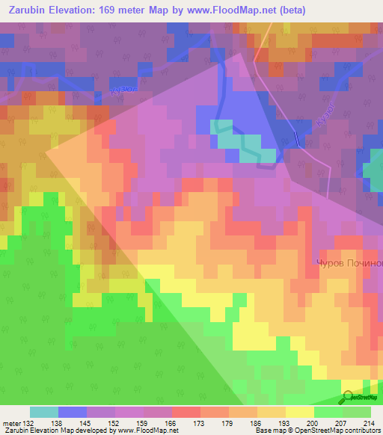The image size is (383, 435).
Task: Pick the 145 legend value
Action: click(85, 423)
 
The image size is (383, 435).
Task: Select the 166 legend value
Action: click(171, 423)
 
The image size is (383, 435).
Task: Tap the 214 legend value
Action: click(370, 423)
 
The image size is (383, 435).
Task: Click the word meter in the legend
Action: click(10, 423)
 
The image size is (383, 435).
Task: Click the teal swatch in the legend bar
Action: click(43, 412)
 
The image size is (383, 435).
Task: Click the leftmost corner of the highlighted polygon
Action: click(47, 150)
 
